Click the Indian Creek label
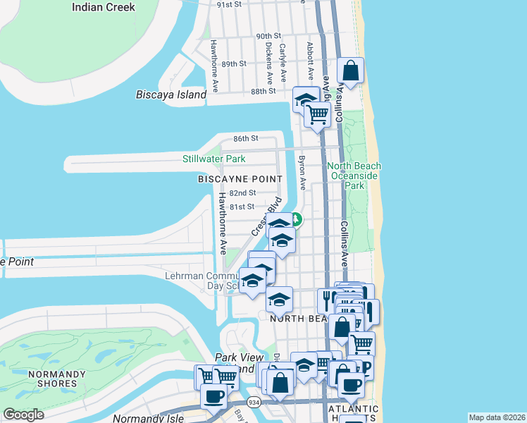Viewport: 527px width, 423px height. pyautogui.click(x=104, y=7)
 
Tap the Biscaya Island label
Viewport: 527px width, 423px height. pyautogui.click(x=171, y=94)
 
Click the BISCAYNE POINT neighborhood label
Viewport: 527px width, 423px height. pyautogui.click(x=240, y=179)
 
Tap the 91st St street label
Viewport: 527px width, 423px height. pyautogui.click(x=230, y=4)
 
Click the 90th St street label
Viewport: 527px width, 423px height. pyautogui.click(x=268, y=36)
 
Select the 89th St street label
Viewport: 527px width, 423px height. pyautogui.click(x=233, y=63)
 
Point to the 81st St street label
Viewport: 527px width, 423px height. pyautogui.click(x=240, y=207)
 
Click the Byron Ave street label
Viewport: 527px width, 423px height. pyautogui.click(x=302, y=173)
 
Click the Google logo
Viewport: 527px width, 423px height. pyautogui.click(x=24, y=415)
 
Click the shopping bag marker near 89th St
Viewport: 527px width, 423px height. pyautogui.click(x=351, y=71)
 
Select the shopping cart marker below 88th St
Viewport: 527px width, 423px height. pyautogui.click(x=318, y=113)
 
